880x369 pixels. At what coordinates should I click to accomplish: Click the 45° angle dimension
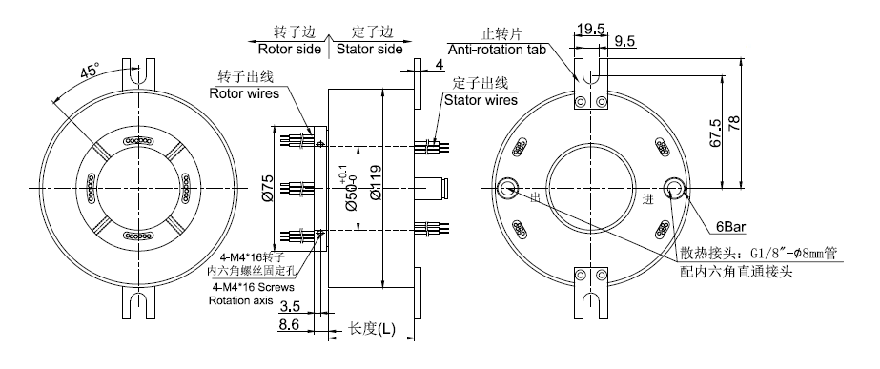coord(90,72)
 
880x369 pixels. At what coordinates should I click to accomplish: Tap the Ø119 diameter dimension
coord(376,182)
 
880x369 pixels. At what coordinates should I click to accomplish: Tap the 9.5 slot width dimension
coord(624,42)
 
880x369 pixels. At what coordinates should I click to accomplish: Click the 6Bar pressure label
coord(729,227)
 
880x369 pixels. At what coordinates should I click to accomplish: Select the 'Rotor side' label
coord(290,49)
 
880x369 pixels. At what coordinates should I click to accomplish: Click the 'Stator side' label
coord(369,49)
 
